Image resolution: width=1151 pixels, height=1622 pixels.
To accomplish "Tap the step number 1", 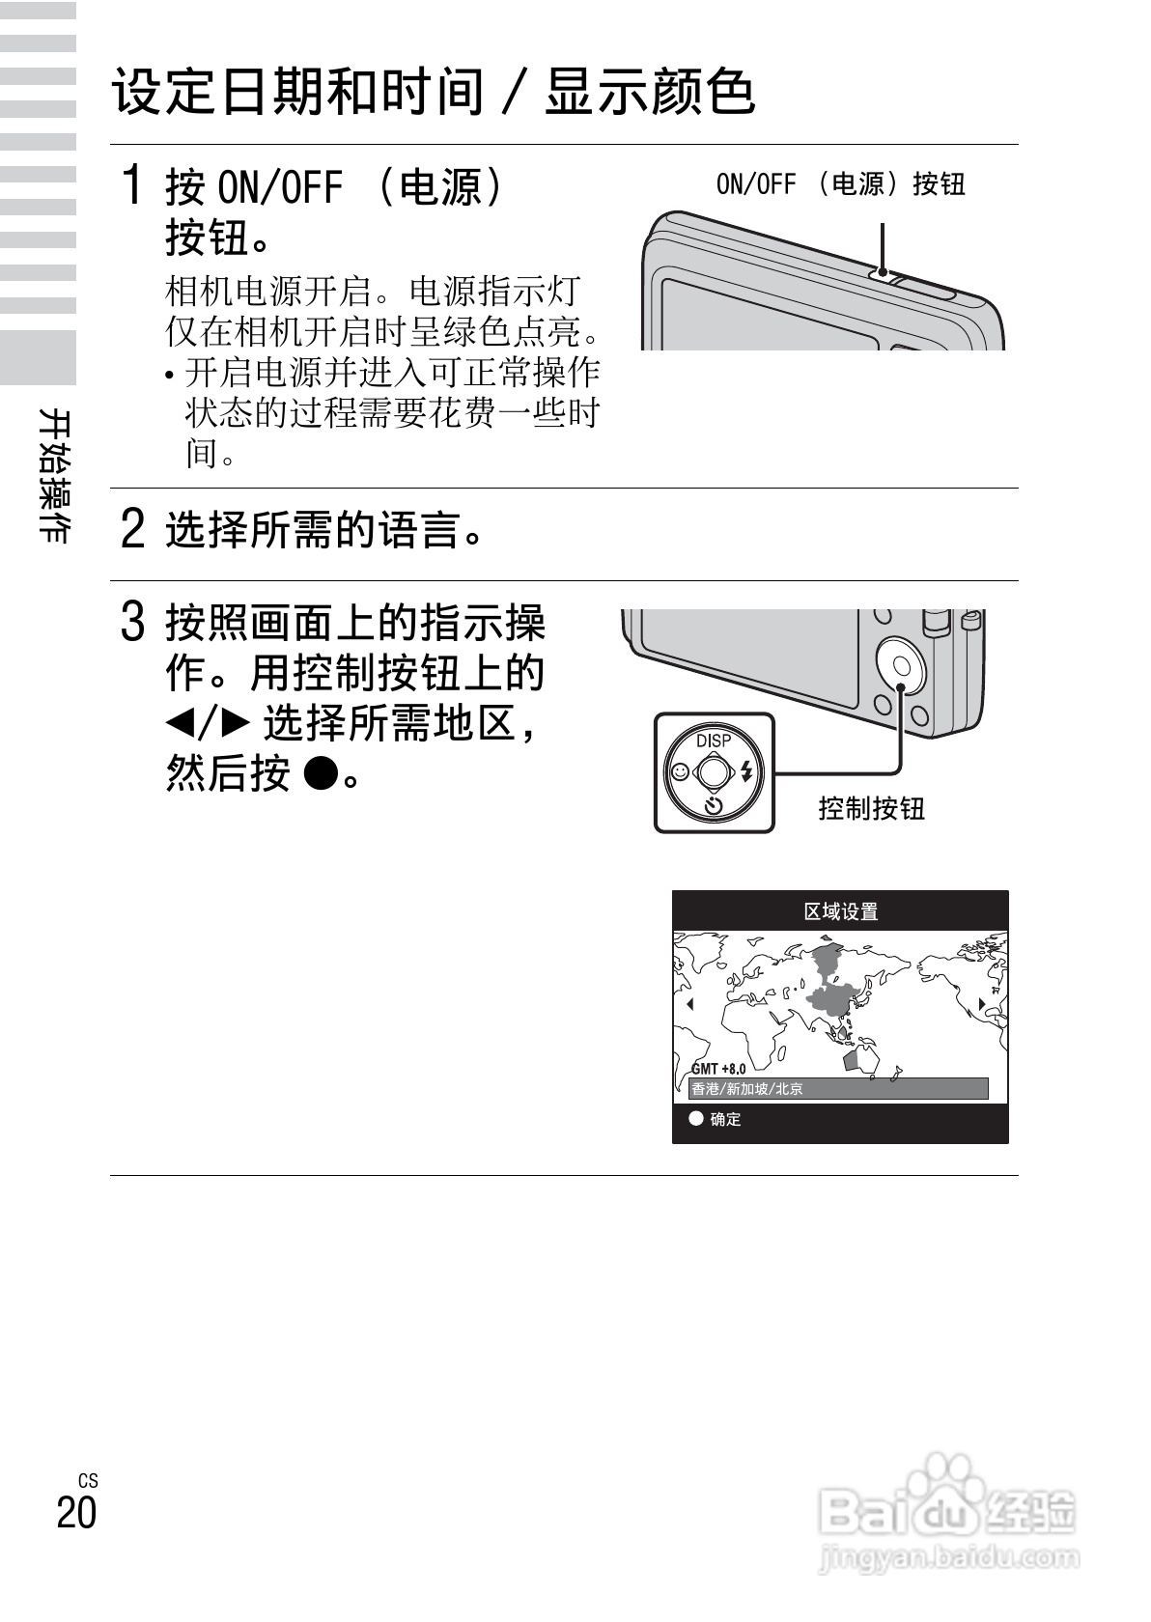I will (x=133, y=184).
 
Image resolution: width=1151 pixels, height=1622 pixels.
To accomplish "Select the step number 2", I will (x=133, y=529).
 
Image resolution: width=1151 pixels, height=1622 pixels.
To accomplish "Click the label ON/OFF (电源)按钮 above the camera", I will (x=840, y=183).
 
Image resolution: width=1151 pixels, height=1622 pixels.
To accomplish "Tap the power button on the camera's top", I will (x=882, y=272).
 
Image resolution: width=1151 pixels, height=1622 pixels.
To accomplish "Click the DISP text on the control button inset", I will (x=714, y=741).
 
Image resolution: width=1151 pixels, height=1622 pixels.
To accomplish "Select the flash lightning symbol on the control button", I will (x=746, y=771).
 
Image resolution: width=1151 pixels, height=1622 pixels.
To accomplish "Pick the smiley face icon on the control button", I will (x=679, y=772).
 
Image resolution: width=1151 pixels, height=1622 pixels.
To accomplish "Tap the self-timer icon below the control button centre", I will (x=714, y=806).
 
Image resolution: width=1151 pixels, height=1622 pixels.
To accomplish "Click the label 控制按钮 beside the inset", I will (x=871, y=808).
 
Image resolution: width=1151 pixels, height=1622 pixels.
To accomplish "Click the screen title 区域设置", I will (x=840, y=911).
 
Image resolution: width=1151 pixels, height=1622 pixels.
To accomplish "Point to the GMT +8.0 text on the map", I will (x=718, y=1069).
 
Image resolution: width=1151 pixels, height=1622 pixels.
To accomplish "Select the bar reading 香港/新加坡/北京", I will (x=838, y=1089).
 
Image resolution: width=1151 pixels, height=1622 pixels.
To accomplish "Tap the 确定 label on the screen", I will (x=725, y=1119).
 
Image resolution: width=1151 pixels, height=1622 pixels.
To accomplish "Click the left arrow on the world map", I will (x=689, y=1004).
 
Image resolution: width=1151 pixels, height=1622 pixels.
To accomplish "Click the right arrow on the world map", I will (x=982, y=1004).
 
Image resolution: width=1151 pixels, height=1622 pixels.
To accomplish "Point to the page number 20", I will (x=76, y=1512).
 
